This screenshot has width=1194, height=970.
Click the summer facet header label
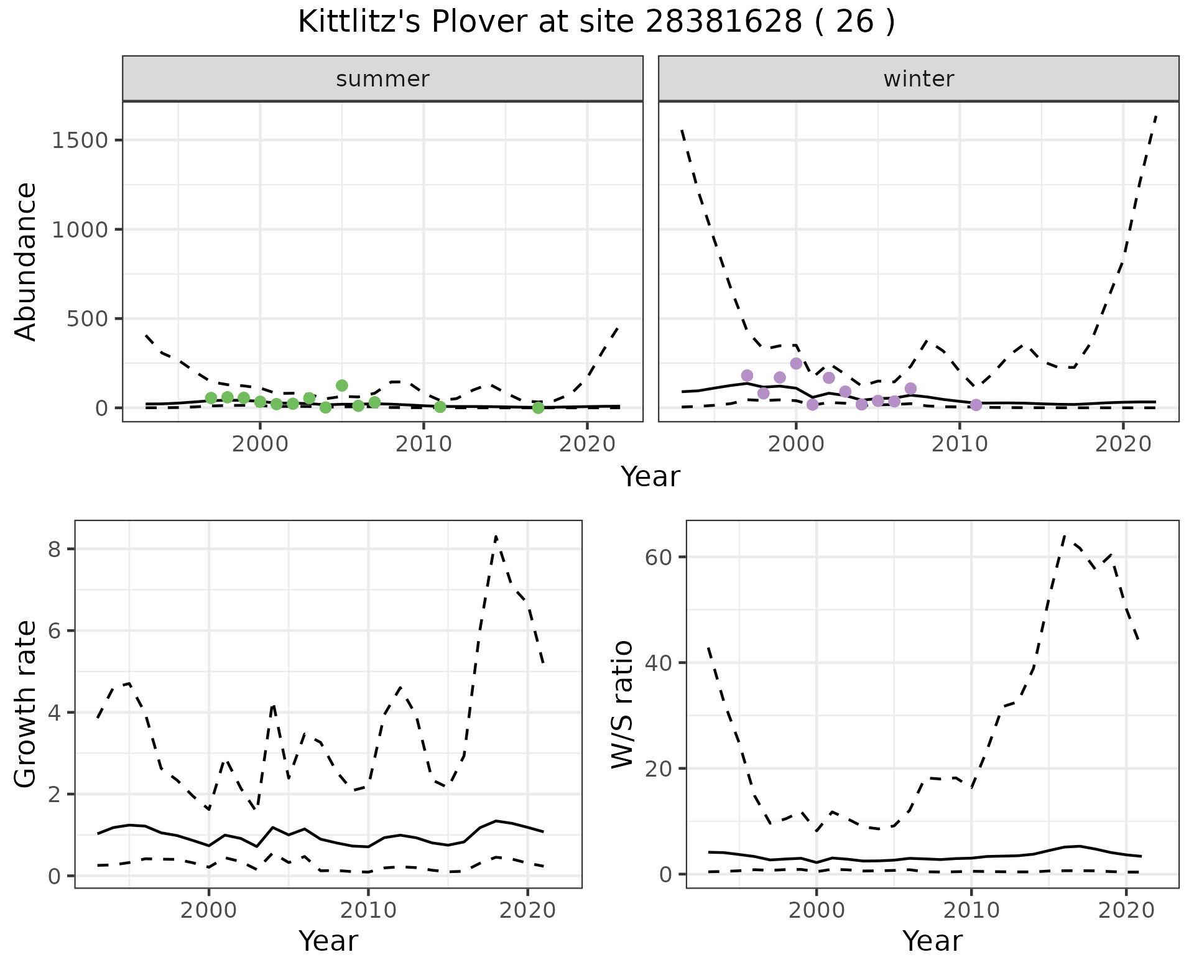point(382,79)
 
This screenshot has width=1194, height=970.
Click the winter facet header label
point(919,79)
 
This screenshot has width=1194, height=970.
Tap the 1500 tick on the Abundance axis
point(80,140)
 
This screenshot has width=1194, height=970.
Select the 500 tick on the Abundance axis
point(88,318)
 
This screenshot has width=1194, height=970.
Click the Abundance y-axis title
point(25,261)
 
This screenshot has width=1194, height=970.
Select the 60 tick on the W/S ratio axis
point(661,557)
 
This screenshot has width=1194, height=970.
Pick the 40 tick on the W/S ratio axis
point(661,663)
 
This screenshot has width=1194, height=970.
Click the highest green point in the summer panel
point(341,386)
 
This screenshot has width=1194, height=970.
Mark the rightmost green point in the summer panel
point(538,408)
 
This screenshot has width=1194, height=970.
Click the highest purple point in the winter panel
point(796,364)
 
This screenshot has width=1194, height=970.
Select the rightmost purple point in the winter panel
point(976,405)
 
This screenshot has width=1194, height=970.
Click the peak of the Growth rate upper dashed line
point(496,536)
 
